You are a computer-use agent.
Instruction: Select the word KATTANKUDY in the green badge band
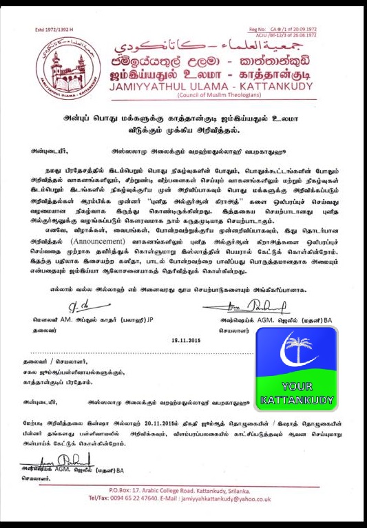click(297, 399)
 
